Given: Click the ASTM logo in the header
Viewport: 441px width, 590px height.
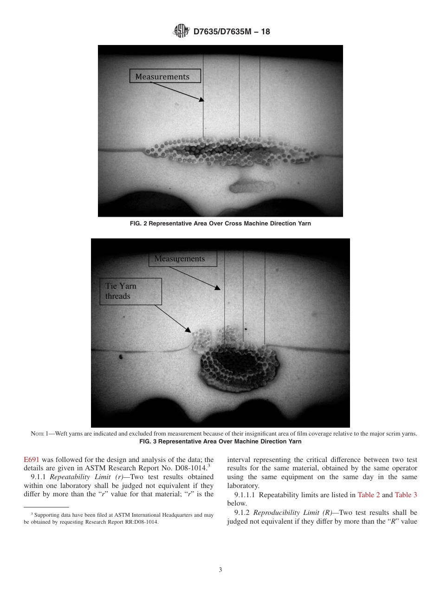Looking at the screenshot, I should (x=181, y=32).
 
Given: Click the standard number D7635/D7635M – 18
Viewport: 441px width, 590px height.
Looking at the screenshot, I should (x=231, y=32).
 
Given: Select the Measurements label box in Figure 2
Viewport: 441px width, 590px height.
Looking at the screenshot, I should (x=165, y=76).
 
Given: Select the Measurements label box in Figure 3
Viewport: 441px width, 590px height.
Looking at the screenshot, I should (x=182, y=259).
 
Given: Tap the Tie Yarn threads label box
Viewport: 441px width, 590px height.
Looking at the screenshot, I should (x=130, y=291).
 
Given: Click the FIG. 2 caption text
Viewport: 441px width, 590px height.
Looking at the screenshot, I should (x=220, y=224).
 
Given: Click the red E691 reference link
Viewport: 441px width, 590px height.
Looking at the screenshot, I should (x=32, y=460).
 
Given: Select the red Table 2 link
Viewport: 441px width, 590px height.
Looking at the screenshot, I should (x=369, y=495).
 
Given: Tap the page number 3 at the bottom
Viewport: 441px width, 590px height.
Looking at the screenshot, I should (x=220, y=570).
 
